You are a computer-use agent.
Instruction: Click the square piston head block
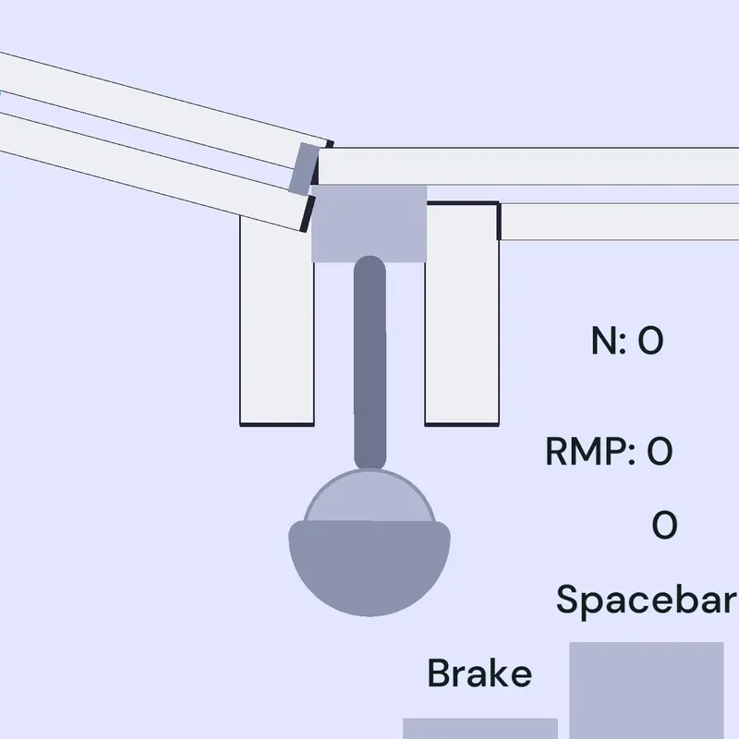point(369,224)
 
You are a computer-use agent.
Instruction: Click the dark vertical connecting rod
point(370,363)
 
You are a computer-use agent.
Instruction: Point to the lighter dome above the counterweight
point(369,495)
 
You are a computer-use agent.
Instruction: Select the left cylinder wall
point(277,321)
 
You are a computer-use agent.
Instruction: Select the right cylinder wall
point(462,313)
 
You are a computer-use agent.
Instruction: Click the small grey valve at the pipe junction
point(304,169)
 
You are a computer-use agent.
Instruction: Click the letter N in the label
point(603,340)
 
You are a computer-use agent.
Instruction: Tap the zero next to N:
point(650,340)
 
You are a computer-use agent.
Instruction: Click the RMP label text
point(590,451)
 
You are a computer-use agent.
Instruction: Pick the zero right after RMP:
point(660,451)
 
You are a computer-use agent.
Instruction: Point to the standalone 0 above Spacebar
point(664,525)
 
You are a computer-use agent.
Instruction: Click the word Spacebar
point(646,600)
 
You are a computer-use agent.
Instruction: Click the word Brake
point(479,672)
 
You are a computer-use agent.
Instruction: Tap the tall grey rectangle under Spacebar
point(646,690)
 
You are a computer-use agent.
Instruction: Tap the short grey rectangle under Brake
point(480,728)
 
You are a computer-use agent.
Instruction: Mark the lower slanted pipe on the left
point(155,172)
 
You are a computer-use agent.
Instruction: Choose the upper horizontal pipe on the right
point(527,166)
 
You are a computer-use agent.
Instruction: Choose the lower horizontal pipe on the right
point(618,222)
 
